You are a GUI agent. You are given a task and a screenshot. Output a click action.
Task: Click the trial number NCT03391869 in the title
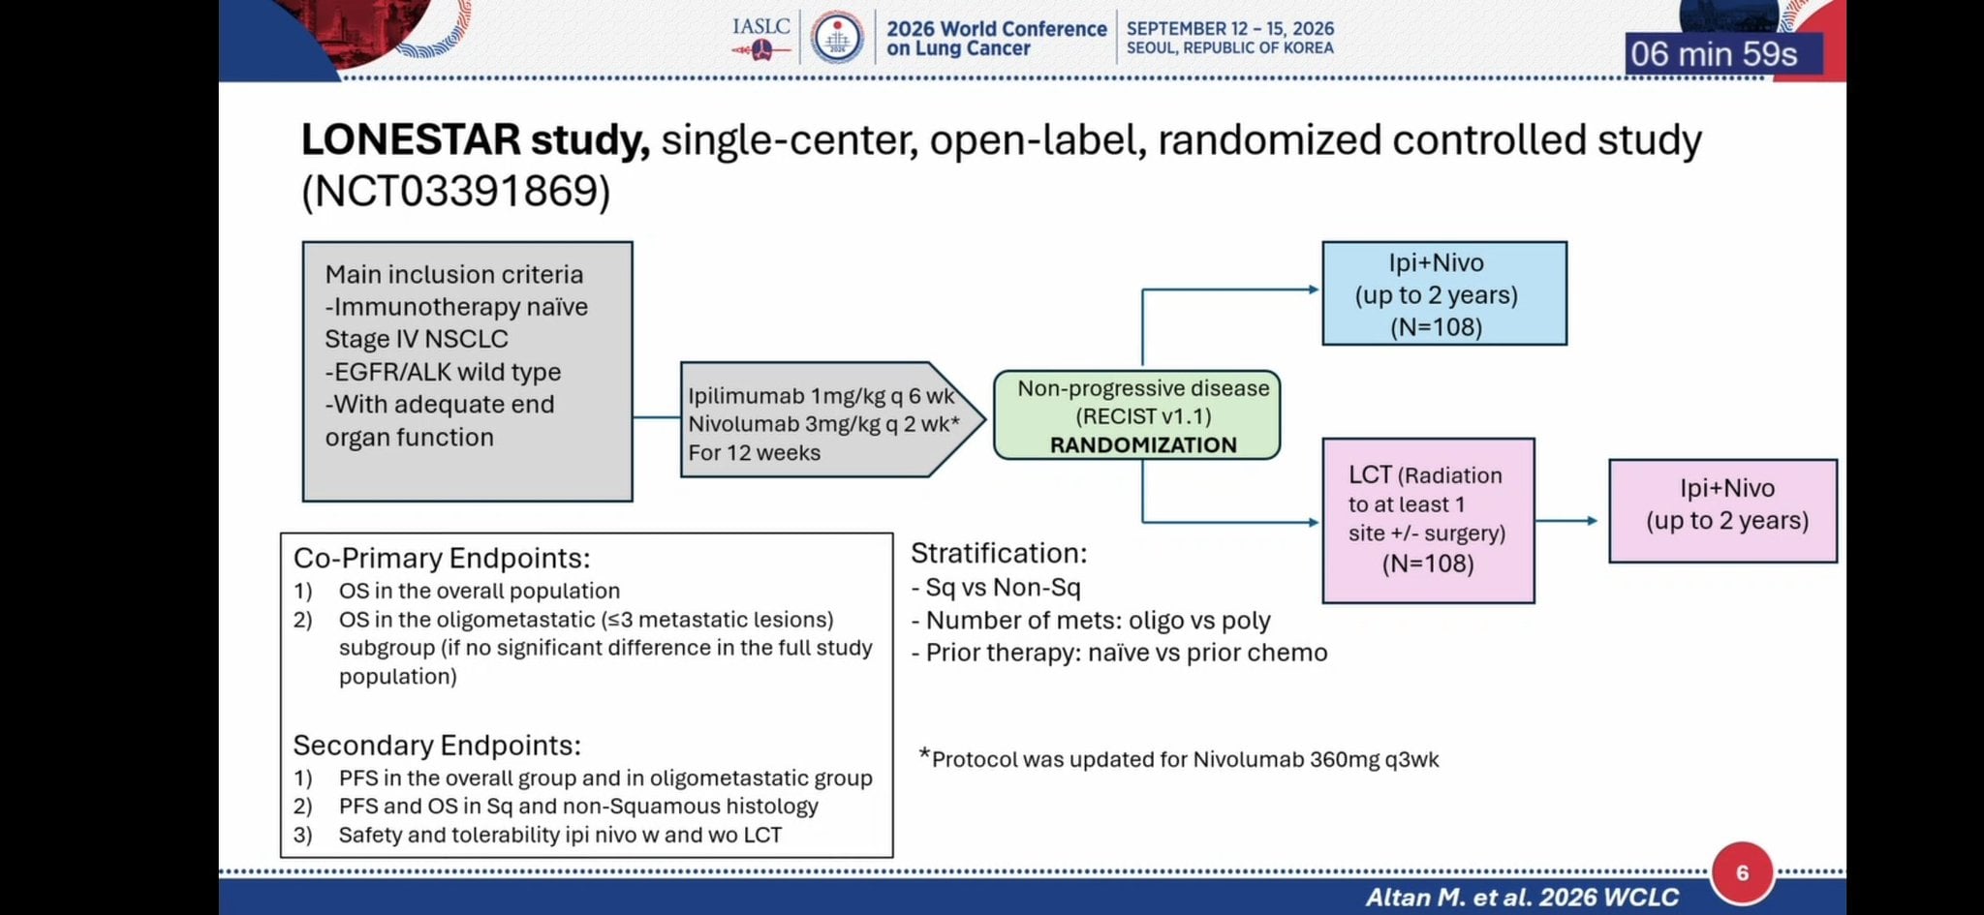point(455,191)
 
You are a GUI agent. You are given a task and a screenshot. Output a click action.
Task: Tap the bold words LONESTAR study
point(476,139)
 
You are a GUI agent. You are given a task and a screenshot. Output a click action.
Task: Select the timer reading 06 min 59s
point(1714,53)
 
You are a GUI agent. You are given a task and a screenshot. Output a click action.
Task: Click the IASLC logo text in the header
point(761,26)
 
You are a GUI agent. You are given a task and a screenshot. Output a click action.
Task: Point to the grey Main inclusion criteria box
point(468,372)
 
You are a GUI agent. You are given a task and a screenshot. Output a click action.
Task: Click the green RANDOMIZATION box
point(1137,415)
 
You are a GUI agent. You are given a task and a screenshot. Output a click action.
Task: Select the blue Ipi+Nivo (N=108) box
point(1444,293)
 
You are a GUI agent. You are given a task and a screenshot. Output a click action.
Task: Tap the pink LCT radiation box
point(1428,521)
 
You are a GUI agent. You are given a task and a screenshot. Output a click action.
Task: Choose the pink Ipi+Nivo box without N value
point(1723,511)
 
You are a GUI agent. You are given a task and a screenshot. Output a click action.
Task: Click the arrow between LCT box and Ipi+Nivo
point(1566,521)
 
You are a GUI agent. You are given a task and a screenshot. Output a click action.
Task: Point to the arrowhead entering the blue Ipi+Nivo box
point(1314,290)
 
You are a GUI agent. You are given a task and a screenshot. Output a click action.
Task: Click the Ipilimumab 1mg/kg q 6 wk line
point(821,396)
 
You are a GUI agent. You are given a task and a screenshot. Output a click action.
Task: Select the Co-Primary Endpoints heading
point(442,559)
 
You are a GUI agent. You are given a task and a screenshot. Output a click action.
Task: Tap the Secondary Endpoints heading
point(437,746)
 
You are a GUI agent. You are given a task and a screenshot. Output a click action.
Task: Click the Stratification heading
point(999,554)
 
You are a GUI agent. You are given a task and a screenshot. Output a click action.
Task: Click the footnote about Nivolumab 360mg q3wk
point(1179,759)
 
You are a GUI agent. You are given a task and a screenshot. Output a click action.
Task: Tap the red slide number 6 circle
point(1742,872)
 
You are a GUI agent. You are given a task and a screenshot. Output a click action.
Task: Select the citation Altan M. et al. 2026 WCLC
point(1522,898)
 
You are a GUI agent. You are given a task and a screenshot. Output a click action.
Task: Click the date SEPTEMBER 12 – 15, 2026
point(1230,29)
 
